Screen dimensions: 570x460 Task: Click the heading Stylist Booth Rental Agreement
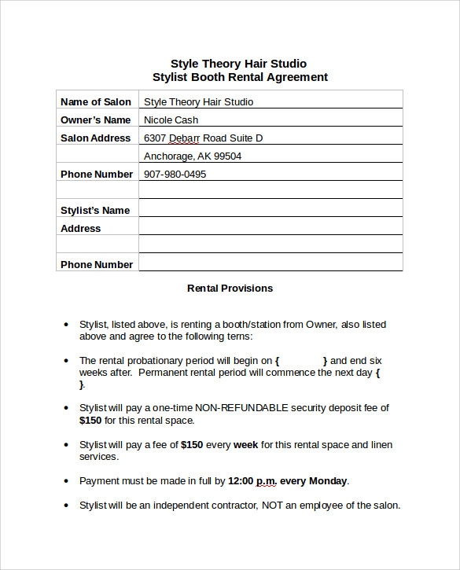click(239, 77)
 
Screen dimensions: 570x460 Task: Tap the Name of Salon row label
click(96, 101)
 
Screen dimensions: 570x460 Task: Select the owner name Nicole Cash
click(171, 120)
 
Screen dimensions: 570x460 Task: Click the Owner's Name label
click(95, 120)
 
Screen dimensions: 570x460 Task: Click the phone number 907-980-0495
click(175, 175)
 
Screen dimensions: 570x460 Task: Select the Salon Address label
click(95, 138)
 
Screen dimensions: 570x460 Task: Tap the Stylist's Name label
click(94, 211)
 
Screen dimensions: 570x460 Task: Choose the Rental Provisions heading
click(230, 289)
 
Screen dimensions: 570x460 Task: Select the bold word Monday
click(329, 481)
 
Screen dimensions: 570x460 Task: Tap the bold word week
click(245, 445)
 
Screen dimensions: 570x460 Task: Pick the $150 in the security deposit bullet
click(90, 421)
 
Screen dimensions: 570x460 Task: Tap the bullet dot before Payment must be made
click(64, 481)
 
